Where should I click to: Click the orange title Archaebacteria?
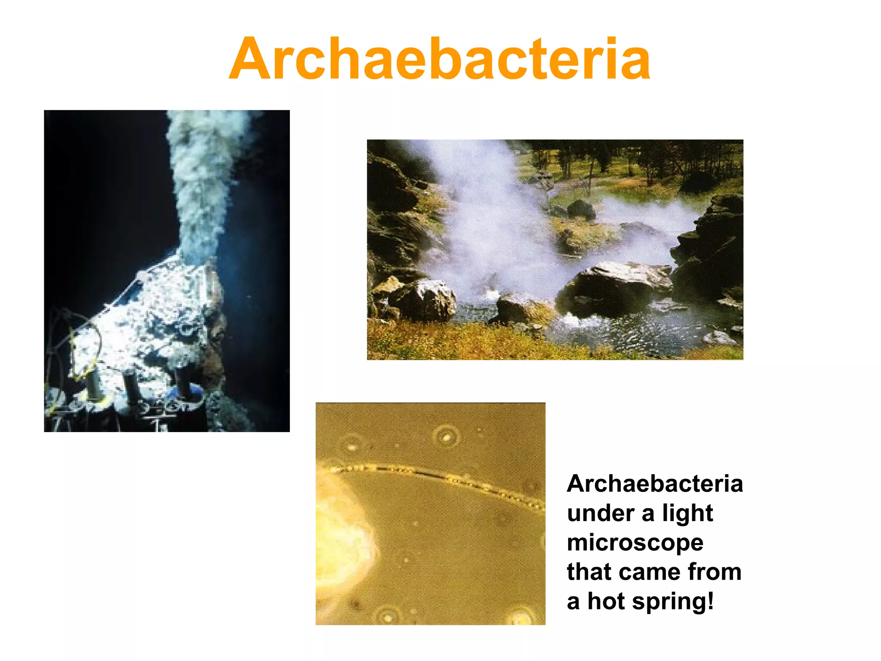click(x=440, y=59)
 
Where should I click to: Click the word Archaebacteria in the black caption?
click(x=655, y=484)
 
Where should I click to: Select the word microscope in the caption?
click(x=635, y=543)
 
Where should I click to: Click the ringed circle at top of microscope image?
click(x=446, y=437)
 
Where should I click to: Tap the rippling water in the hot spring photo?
click(x=637, y=334)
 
